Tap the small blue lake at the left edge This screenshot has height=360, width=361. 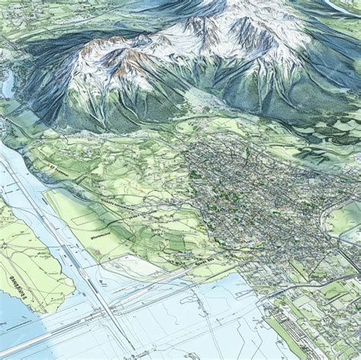point(7,85)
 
